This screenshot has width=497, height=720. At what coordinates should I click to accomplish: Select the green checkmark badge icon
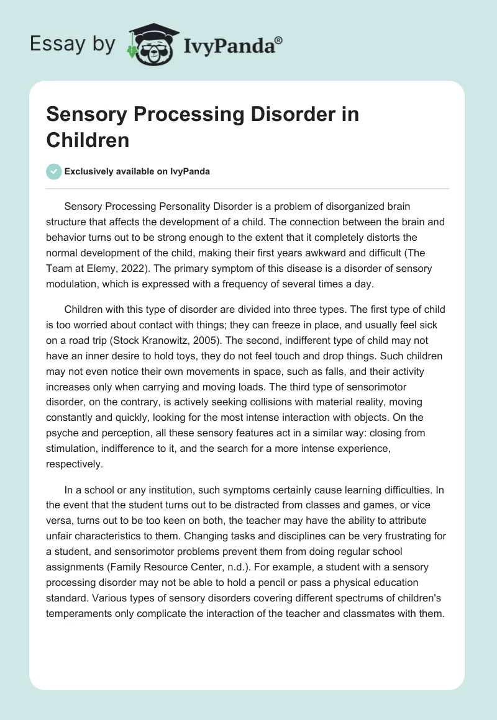[54, 171]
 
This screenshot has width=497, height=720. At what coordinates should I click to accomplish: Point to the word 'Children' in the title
[88, 140]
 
